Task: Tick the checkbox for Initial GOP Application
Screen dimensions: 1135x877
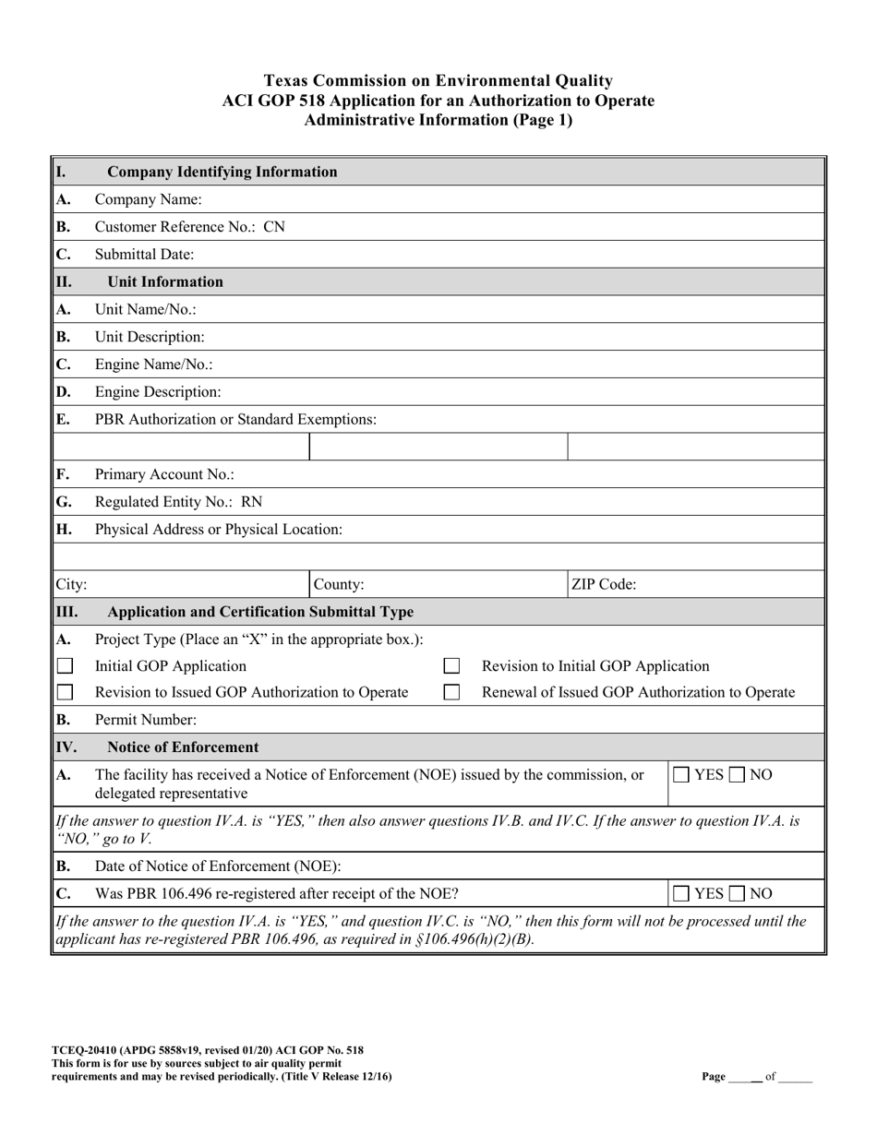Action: pyautogui.click(x=66, y=666)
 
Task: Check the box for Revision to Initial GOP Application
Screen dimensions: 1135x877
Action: pyautogui.click(x=452, y=666)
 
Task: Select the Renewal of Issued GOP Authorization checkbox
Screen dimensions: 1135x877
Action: pyautogui.click(x=452, y=693)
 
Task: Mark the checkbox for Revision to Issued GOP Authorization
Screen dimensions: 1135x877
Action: pyautogui.click(x=66, y=693)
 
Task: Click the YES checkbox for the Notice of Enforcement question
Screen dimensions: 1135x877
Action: pyautogui.click(x=680, y=775)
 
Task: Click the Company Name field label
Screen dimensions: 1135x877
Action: pyautogui.click(x=149, y=199)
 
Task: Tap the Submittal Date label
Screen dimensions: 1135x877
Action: pyautogui.click(x=145, y=255)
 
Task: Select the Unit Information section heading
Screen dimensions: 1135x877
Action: pyautogui.click(x=165, y=282)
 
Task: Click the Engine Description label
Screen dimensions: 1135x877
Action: pyautogui.click(x=158, y=392)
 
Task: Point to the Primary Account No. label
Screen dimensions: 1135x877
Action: pyautogui.click(x=164, y=474)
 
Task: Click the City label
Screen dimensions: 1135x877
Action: pyautogui.click(x=72, y=584)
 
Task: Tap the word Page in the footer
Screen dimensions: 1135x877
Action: pyautogui.click(x=713, y=1077)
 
